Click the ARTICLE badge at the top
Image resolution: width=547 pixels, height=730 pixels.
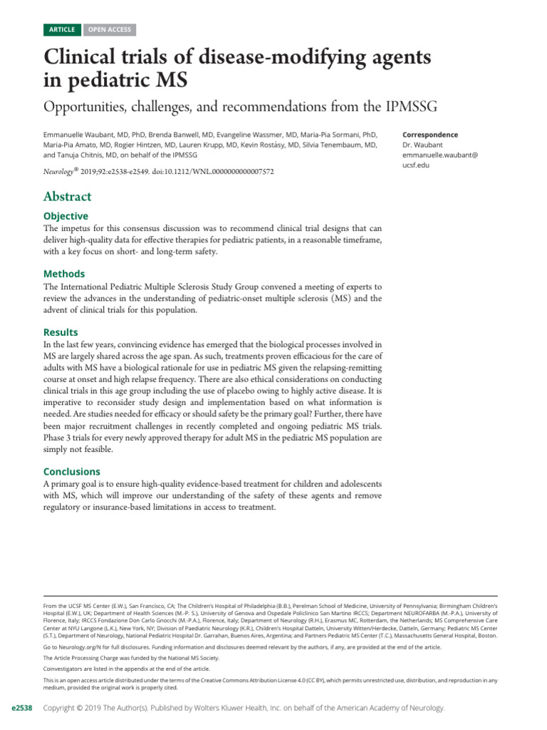point(62,29)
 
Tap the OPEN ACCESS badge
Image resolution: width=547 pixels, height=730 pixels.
point(108,29)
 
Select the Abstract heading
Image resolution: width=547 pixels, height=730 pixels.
point(68,197)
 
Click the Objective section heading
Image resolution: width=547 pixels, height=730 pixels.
point(66,216)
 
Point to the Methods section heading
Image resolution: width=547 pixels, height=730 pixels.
point(64,274)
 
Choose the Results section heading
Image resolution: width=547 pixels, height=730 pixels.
point(61,332)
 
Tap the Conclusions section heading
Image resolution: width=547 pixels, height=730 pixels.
point(72,471)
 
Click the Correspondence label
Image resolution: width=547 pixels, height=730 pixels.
point(430,135)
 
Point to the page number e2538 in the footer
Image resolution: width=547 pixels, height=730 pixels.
point(19,708)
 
